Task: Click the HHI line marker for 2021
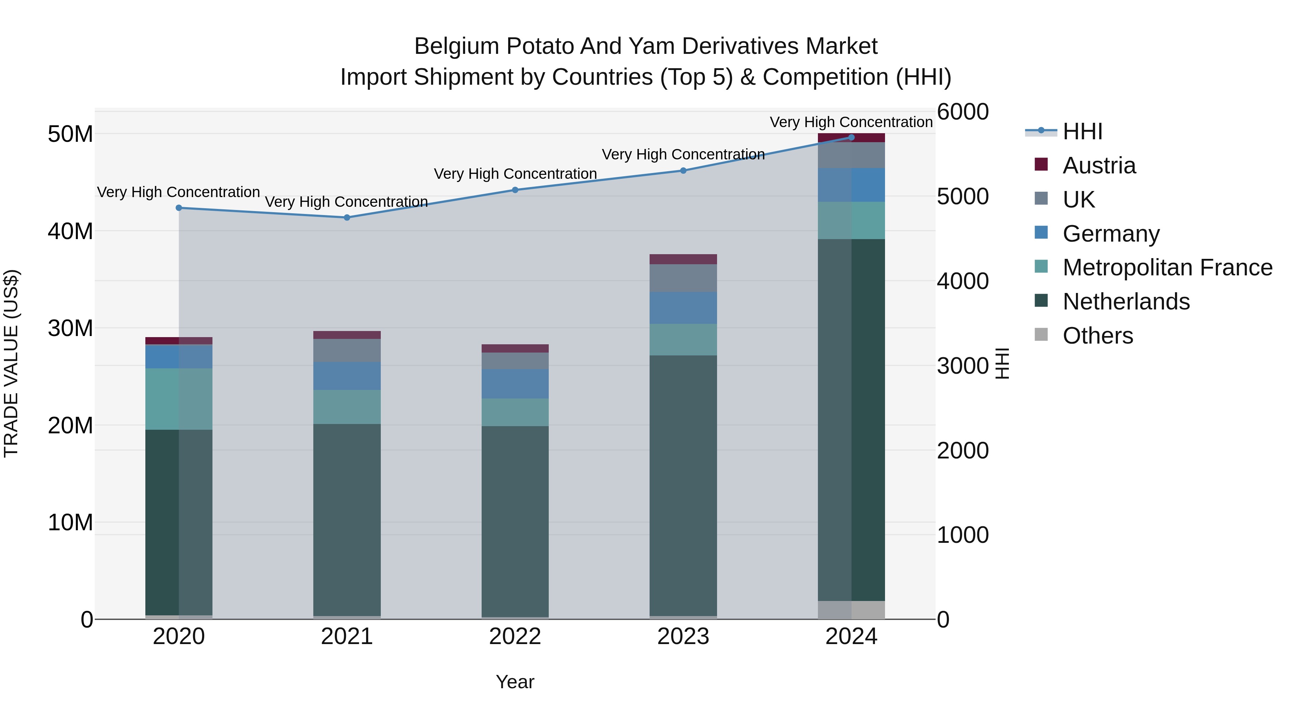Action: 347,217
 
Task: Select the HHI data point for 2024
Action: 851,137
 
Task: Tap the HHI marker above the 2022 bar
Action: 515,190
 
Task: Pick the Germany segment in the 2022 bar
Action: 515,384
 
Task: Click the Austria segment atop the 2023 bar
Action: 683,259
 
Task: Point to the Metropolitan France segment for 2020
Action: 179,399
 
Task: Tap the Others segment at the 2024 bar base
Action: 851,610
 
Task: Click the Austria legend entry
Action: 1099,166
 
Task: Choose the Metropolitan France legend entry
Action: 1167,267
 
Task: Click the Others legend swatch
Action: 1041,335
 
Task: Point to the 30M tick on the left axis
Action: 70,328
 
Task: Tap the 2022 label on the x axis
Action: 515,637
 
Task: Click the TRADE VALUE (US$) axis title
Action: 11,363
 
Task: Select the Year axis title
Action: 515,682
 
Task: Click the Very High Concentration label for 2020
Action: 179,192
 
